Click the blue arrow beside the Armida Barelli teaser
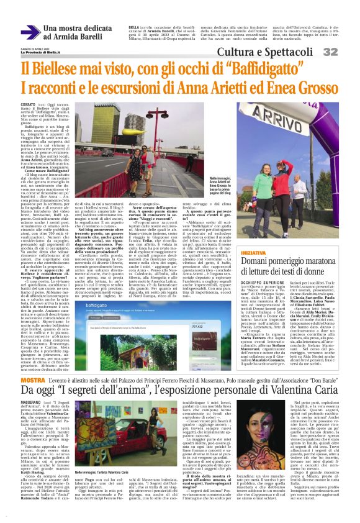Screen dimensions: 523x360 [x=30, y=32]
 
